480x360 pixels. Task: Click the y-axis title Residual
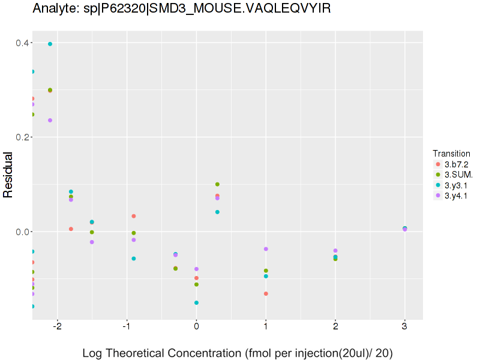coord(8,175)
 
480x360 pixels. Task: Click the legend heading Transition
coord(451,153)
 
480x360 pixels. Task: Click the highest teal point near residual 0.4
coord(50,44)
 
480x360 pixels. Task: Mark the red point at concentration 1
coord(266,293)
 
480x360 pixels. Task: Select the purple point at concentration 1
coord(266,249)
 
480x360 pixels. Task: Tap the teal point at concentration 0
coord(196,303)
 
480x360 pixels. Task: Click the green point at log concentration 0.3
coord(217,184)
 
